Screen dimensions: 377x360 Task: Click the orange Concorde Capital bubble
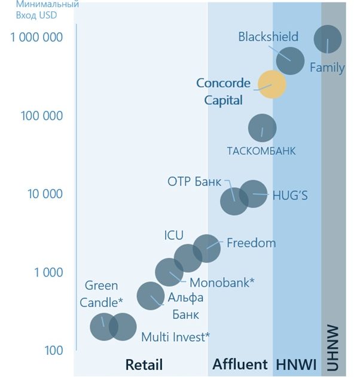click(x=272, y=84)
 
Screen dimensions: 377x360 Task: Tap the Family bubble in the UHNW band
click(x=328, y=39)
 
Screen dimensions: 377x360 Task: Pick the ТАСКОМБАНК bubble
click(x=262, y=128)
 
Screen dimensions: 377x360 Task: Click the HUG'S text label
click(x=289, y=196)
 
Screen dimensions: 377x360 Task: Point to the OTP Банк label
click(x=194, y=182)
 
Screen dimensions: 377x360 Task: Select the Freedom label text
click(x=251, y=243)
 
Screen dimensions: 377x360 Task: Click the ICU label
click(x=174, y=235)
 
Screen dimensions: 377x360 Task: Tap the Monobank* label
click(x=222, y=282)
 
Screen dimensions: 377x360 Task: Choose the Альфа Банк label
click(x=185, y=305)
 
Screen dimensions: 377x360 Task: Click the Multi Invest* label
click(x=175, y=337)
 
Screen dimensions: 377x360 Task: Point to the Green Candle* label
click(x=101, y=293)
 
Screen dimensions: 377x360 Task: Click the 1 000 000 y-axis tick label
click(x=36, y=37)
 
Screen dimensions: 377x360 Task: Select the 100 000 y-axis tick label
click(x=42, y=115)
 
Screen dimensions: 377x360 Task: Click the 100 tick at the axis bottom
click(x=53, y=351)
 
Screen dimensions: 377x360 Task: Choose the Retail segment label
click(x=144, y=364)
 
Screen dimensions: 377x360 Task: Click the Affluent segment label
click(x=240, y=364)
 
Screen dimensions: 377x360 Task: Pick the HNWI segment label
click(x=295, y=364)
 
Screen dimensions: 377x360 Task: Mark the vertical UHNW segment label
click(x=333, y=348)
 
